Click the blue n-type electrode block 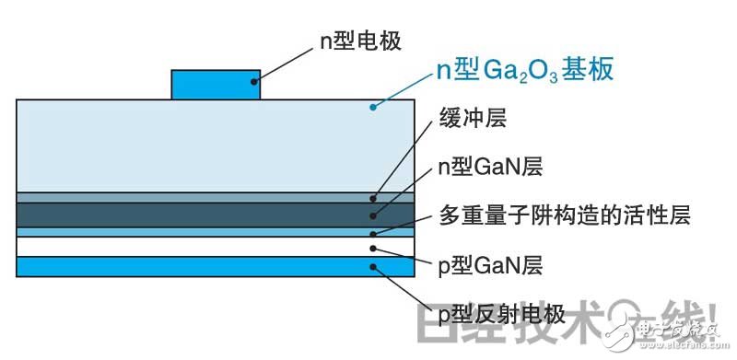click(216, 84)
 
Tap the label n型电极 click(363, 40)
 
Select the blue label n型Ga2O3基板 click(524, 71)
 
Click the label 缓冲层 click(474, 119)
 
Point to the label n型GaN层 click(488, 168)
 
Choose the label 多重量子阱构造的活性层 click(561, 216)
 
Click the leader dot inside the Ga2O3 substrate click(372, 108)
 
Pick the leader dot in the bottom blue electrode click(372, 268)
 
